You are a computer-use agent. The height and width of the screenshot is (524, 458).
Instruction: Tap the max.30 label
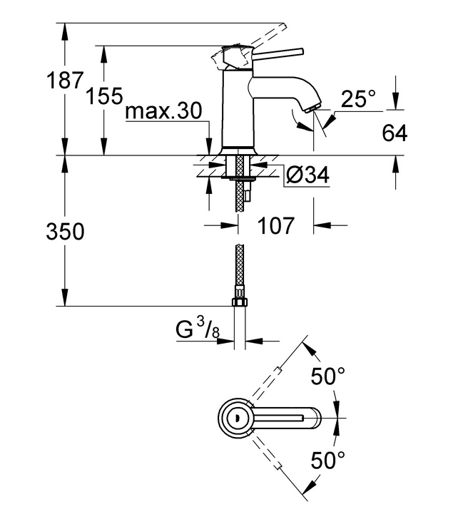pyautogui.click(x=163, y=111)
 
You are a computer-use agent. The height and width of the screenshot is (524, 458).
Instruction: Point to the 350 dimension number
pyautogui.click(x=65, y=232)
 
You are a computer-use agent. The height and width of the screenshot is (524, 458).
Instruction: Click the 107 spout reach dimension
pyautogui.click(x=275, y=227)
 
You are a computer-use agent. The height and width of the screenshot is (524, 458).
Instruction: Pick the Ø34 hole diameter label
pyautogui.click(x=308, y=175)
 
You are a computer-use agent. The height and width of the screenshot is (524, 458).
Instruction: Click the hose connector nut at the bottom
pyautogui.click(x=239, y=302)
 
